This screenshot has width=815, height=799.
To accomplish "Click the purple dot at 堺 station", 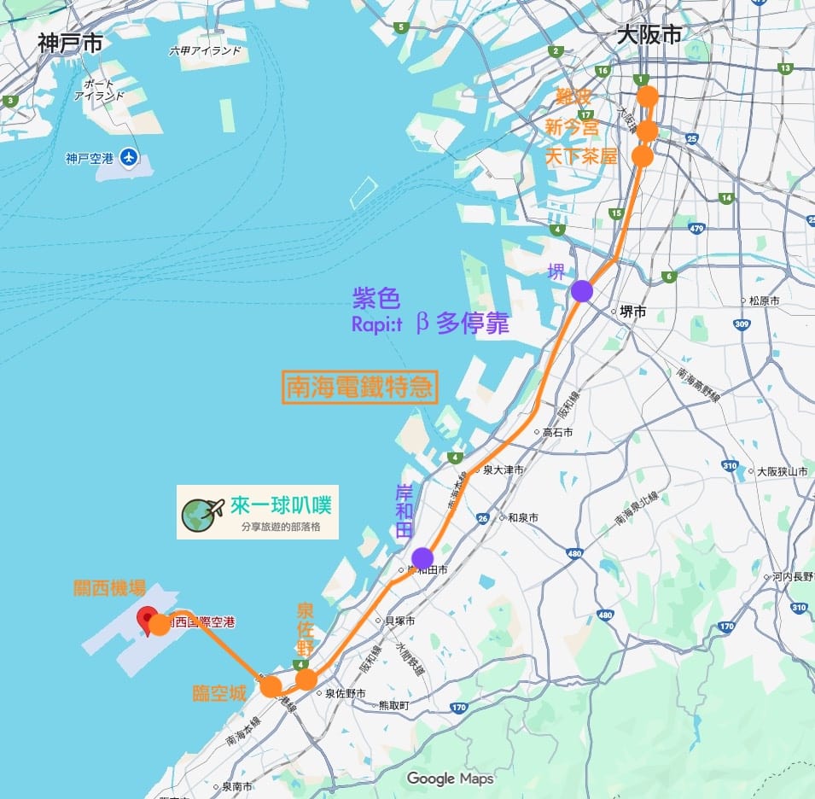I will coord(582,291).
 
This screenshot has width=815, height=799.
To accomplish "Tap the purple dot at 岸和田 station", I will coord(422,558).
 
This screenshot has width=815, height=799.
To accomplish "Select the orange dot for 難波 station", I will coord(648,96).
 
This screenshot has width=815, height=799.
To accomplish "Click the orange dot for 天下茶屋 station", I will coord(643,157).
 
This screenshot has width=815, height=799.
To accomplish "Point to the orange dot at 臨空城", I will coord(271,686).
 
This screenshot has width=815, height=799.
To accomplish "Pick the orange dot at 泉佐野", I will coord(306,679).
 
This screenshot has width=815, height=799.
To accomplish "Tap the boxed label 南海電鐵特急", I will coord(360,387).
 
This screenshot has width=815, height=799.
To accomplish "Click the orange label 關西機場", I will coord(109,588).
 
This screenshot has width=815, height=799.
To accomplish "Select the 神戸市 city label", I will coord(70,44).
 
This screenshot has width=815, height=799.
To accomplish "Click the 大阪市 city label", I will coord(649,35).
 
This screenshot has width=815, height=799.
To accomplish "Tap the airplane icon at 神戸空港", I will coord(129,157).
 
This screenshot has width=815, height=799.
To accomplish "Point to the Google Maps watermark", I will coord(450,778).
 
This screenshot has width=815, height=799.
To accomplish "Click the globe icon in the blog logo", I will coord(201,512).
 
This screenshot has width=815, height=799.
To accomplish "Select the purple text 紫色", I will coord(375,298).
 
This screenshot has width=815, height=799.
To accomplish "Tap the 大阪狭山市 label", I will coord(782,471).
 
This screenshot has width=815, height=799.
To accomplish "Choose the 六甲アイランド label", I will coord(205,51).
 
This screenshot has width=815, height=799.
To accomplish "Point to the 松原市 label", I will coord(764,300).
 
